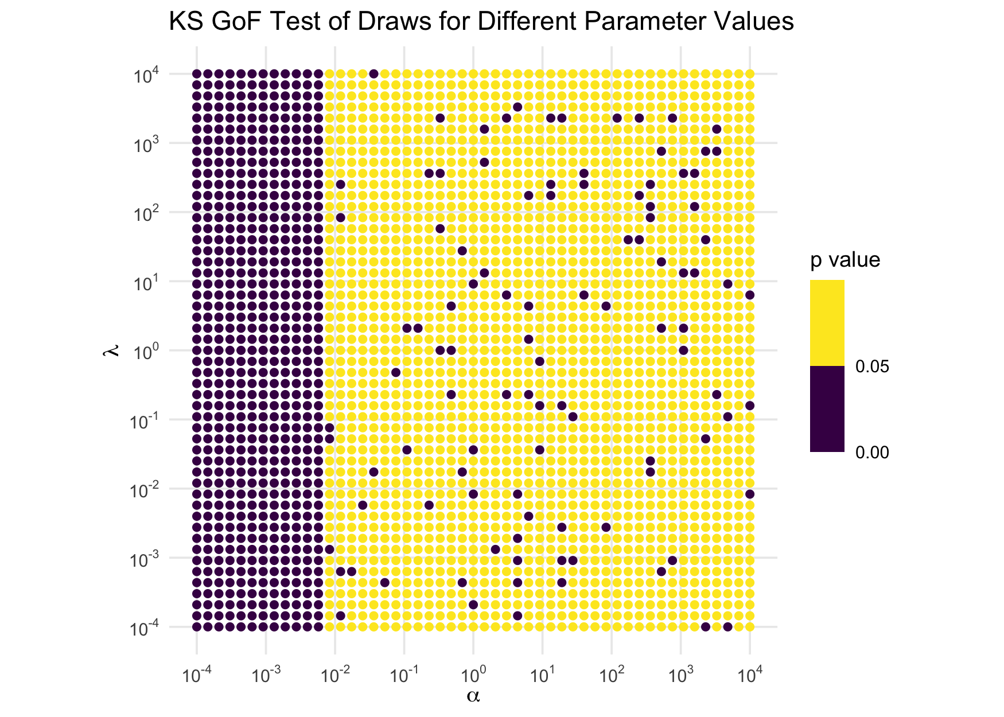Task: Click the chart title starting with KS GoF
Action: [x=481, y=22]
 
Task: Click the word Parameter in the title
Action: [x=656, y=22]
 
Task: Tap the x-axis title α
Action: [x=473, y=696]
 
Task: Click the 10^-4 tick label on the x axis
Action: [x=196, y=675]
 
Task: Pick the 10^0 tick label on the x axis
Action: [x=473, y=675]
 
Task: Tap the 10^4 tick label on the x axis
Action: [x=749, y=675]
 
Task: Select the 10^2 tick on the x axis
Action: [x=611, y=675]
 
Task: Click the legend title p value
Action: [x=845, y=260]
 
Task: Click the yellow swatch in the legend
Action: [x=827, y=322]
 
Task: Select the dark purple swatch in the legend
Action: [x=827, y=409]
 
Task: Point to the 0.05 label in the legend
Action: [x=872, y=367]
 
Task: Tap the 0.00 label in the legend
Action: [x=872, y=453]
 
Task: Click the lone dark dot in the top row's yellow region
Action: [x=373, y=73]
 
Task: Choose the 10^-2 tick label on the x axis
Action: [x=334, y=675]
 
